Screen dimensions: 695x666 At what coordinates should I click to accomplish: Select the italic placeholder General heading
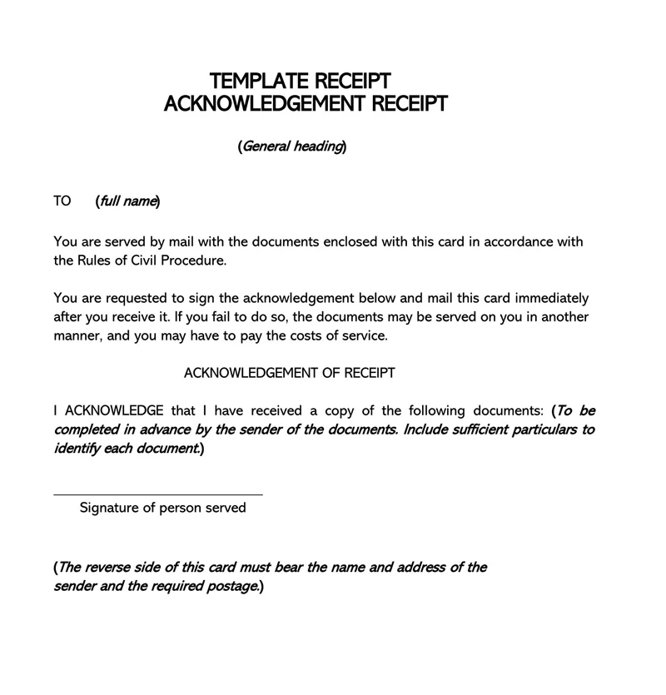[x=291, y=146]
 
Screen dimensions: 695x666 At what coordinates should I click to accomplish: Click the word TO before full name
[x=62, y=201]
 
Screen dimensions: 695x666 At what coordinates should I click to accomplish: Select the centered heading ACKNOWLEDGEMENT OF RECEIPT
[x=289, y=373]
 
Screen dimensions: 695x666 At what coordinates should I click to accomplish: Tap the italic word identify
[x=77, y=449]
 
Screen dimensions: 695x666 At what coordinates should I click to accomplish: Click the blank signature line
[x=158, y=494]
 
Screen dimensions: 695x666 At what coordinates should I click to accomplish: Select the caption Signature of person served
[x=162, y=508]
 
